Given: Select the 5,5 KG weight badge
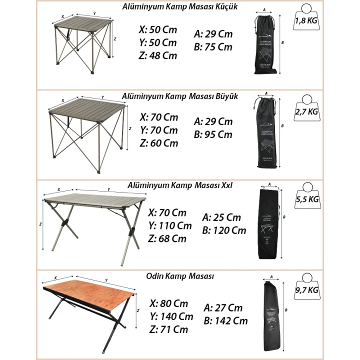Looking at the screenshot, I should pos(307,199).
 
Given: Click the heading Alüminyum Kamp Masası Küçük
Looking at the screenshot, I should pos(180,7).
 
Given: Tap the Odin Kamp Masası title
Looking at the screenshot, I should pos(180,276).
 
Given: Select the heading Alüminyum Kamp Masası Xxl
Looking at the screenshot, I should pos(179,185).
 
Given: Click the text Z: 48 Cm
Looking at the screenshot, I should pos(158,55).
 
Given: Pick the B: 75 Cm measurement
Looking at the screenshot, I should pos(213,47).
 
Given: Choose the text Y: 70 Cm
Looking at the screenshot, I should pos(158,130).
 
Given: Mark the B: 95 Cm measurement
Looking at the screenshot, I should pos(213,134).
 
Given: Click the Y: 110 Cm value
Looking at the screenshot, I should pos(170,225).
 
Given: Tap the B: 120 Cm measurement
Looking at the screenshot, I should pos(224,230).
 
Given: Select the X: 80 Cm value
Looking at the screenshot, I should pos(168,303).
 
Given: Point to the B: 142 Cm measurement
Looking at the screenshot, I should pos(225,320).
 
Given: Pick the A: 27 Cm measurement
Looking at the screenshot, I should pos(223,308).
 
